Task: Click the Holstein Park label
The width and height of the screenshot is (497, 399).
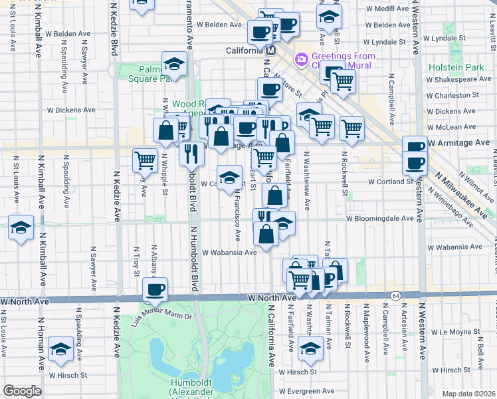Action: point(464,67)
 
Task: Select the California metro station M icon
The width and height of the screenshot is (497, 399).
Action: point(270,51)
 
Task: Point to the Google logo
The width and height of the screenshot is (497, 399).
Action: point(22,391)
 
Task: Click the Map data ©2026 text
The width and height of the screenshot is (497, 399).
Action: point(469,394)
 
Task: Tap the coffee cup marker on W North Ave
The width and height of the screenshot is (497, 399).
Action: point(155,290)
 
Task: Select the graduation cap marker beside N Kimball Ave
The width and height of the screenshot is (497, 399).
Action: point(21,228)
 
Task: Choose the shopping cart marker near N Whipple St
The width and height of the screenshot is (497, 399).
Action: point(145,160)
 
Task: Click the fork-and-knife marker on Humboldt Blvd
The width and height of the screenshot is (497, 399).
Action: point(191,153)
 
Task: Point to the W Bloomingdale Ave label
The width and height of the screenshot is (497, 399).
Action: point(384,217)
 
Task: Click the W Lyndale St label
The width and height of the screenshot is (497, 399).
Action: point(461,41)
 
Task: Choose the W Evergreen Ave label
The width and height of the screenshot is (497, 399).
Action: point(306,391)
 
